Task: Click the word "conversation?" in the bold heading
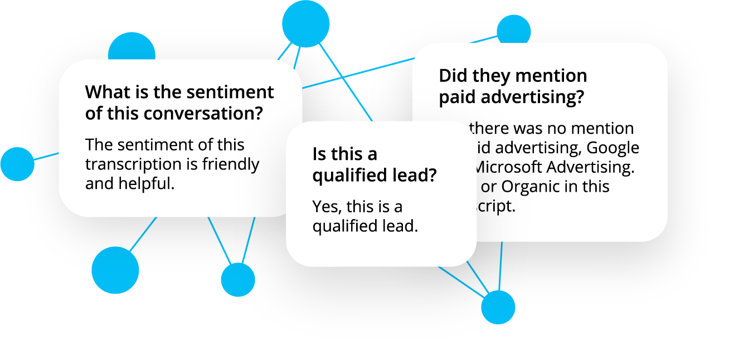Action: pyautogui.click(x=203, y=113)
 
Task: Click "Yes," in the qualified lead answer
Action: pyautogui.click(x=327, y=207)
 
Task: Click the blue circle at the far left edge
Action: pyautogui.click(x=17, y=164)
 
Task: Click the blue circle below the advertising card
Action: pyautogui.click(x=498, y=307)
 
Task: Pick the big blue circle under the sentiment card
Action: pyautogui.click(x=115, y=270)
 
